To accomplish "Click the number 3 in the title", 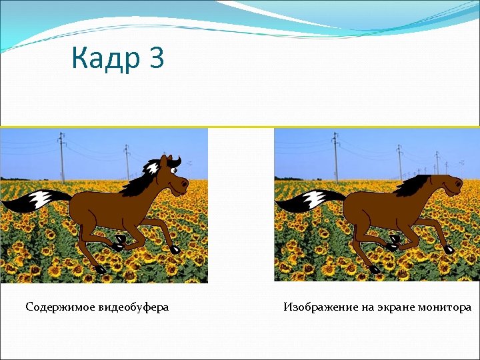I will pos(157,59).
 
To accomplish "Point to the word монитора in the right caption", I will pos(445,307).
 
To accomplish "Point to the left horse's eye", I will pos(174,172).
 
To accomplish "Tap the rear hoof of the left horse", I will pos(101,270).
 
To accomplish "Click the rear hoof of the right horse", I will pos(375,269).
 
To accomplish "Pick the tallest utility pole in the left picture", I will pos(62,157).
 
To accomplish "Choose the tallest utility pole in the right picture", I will pos(335,157).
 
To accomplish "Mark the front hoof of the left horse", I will pos(175,249).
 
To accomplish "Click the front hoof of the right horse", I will pos(449,249).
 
